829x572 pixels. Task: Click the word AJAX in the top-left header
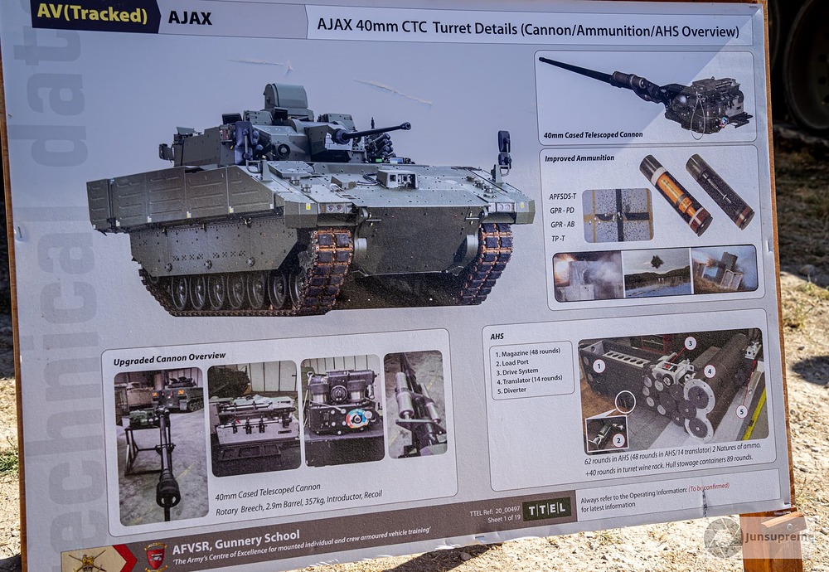click(189, 17)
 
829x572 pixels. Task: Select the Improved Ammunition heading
click(580, 158)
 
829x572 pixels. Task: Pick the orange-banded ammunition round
click(675, 194)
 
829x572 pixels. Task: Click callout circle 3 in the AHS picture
click(690, 342)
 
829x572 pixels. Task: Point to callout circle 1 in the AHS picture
click(599, 365)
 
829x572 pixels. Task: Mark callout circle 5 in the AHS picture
click(741, 410)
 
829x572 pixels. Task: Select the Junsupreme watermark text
click(778, 535)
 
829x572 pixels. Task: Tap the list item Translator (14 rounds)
click(531, 379)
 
